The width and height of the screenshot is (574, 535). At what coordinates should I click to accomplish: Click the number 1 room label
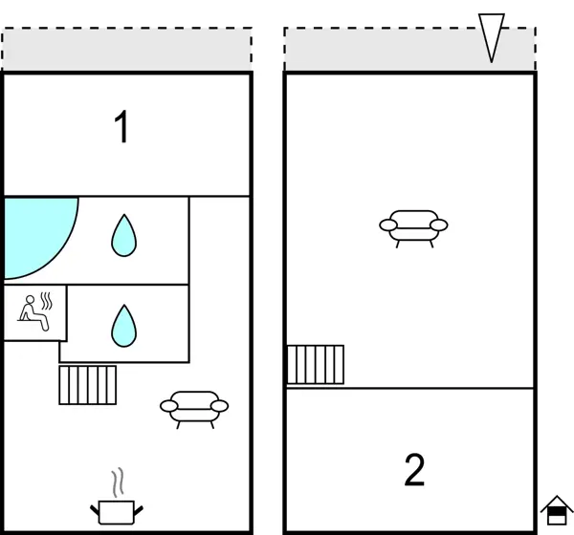coord(121,128)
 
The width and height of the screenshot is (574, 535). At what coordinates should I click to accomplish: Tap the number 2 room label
coord(414,470)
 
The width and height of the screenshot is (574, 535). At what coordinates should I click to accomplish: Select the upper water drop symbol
coord(122,235)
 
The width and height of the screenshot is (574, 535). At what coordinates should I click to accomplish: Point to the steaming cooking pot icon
coord(118,510)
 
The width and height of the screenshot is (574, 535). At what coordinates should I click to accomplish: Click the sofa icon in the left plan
coord(193,408)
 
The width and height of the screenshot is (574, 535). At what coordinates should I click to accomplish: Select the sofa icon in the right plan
coord(413,226)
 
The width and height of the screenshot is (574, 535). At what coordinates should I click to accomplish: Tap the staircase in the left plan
coord(87,384)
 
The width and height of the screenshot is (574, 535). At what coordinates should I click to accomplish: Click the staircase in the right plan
coord(316,364)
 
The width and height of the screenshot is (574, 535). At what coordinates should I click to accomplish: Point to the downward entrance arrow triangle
coord(491,37)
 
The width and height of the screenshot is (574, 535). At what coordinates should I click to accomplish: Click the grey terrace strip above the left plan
coord(126,50)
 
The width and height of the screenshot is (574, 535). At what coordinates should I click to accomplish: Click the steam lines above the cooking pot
coord(118,480)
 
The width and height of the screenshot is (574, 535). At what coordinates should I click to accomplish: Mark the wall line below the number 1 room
coord(191,196)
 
